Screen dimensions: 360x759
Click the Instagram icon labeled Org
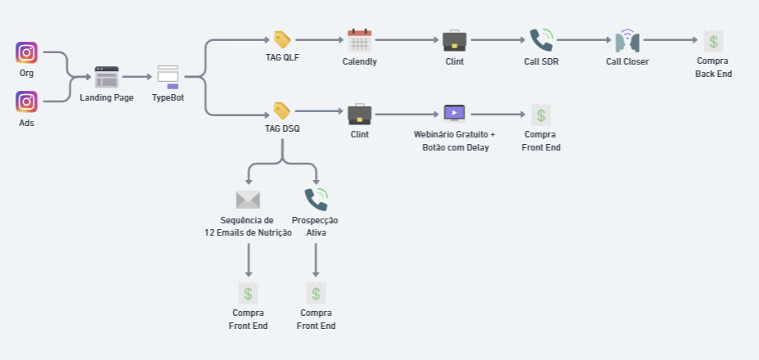26,52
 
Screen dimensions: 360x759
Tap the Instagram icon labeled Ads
26,101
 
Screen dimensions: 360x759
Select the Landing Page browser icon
106,78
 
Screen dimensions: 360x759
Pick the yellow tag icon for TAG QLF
282,39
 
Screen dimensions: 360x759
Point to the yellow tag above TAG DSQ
282,110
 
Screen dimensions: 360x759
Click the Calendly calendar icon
360,40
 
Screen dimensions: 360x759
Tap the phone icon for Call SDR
541,40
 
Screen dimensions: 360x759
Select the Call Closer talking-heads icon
627,41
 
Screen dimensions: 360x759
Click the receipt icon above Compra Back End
713,41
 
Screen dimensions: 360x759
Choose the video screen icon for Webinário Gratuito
454,113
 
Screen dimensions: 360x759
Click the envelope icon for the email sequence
248,200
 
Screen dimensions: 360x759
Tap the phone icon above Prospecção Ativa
316,200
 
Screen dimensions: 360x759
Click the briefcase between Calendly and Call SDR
455,40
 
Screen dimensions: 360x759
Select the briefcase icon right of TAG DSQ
360,113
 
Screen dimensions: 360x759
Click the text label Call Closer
627,62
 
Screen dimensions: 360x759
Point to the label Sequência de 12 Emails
248,227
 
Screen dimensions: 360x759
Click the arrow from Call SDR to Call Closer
584,39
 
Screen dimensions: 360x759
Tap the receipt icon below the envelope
249,293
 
